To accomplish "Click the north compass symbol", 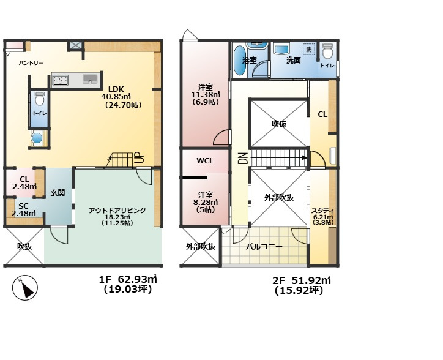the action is (x=25, y=288).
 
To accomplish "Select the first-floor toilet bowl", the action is (x=40, y=98).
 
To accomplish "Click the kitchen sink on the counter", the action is (x=90, y=79).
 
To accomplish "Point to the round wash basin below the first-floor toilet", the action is (x=37, y=138).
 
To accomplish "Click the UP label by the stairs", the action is (x=140, y=159).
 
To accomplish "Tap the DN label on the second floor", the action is (x=243, y=159).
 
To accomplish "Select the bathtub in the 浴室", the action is (x=240, y=61).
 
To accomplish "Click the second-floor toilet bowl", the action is (x=327, y=51).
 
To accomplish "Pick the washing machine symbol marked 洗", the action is (x=309, y=49).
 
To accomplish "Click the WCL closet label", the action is (x=205, y=161).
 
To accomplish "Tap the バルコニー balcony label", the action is (x=264, y=247).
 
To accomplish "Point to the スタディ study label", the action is (x=323, y=211).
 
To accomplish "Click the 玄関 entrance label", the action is (x=58, y=193).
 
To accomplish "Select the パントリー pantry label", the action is (x=31, y=63).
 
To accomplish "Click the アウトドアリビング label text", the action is (x=117, y=211).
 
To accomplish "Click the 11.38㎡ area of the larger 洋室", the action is (x=206, y=94).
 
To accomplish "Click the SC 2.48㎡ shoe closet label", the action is (x=23, y=209).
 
